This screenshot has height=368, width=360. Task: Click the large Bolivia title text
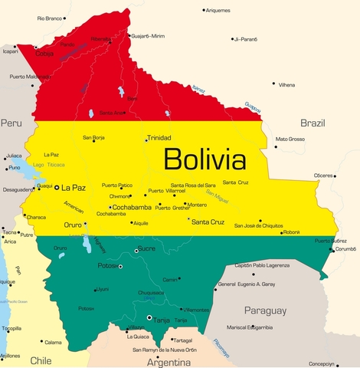(205, 160)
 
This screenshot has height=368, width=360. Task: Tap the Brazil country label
(313, 123)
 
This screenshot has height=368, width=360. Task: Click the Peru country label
(11, 123)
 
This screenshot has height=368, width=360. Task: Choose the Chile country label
(40, 360)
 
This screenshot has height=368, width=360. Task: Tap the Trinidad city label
(159, 139)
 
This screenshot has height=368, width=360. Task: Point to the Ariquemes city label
(218, 10)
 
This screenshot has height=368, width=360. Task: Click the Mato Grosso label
(290, 139)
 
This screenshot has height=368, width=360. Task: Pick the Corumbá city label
(346, 249)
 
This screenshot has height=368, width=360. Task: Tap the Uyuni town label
(102, 289)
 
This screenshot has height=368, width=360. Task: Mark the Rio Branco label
(50, 17)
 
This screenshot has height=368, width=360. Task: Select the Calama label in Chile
(52, 342)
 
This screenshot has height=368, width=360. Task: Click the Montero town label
(197, 205)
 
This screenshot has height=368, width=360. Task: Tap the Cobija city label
(45, 54)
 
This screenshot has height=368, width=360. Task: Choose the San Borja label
(93, 137)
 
